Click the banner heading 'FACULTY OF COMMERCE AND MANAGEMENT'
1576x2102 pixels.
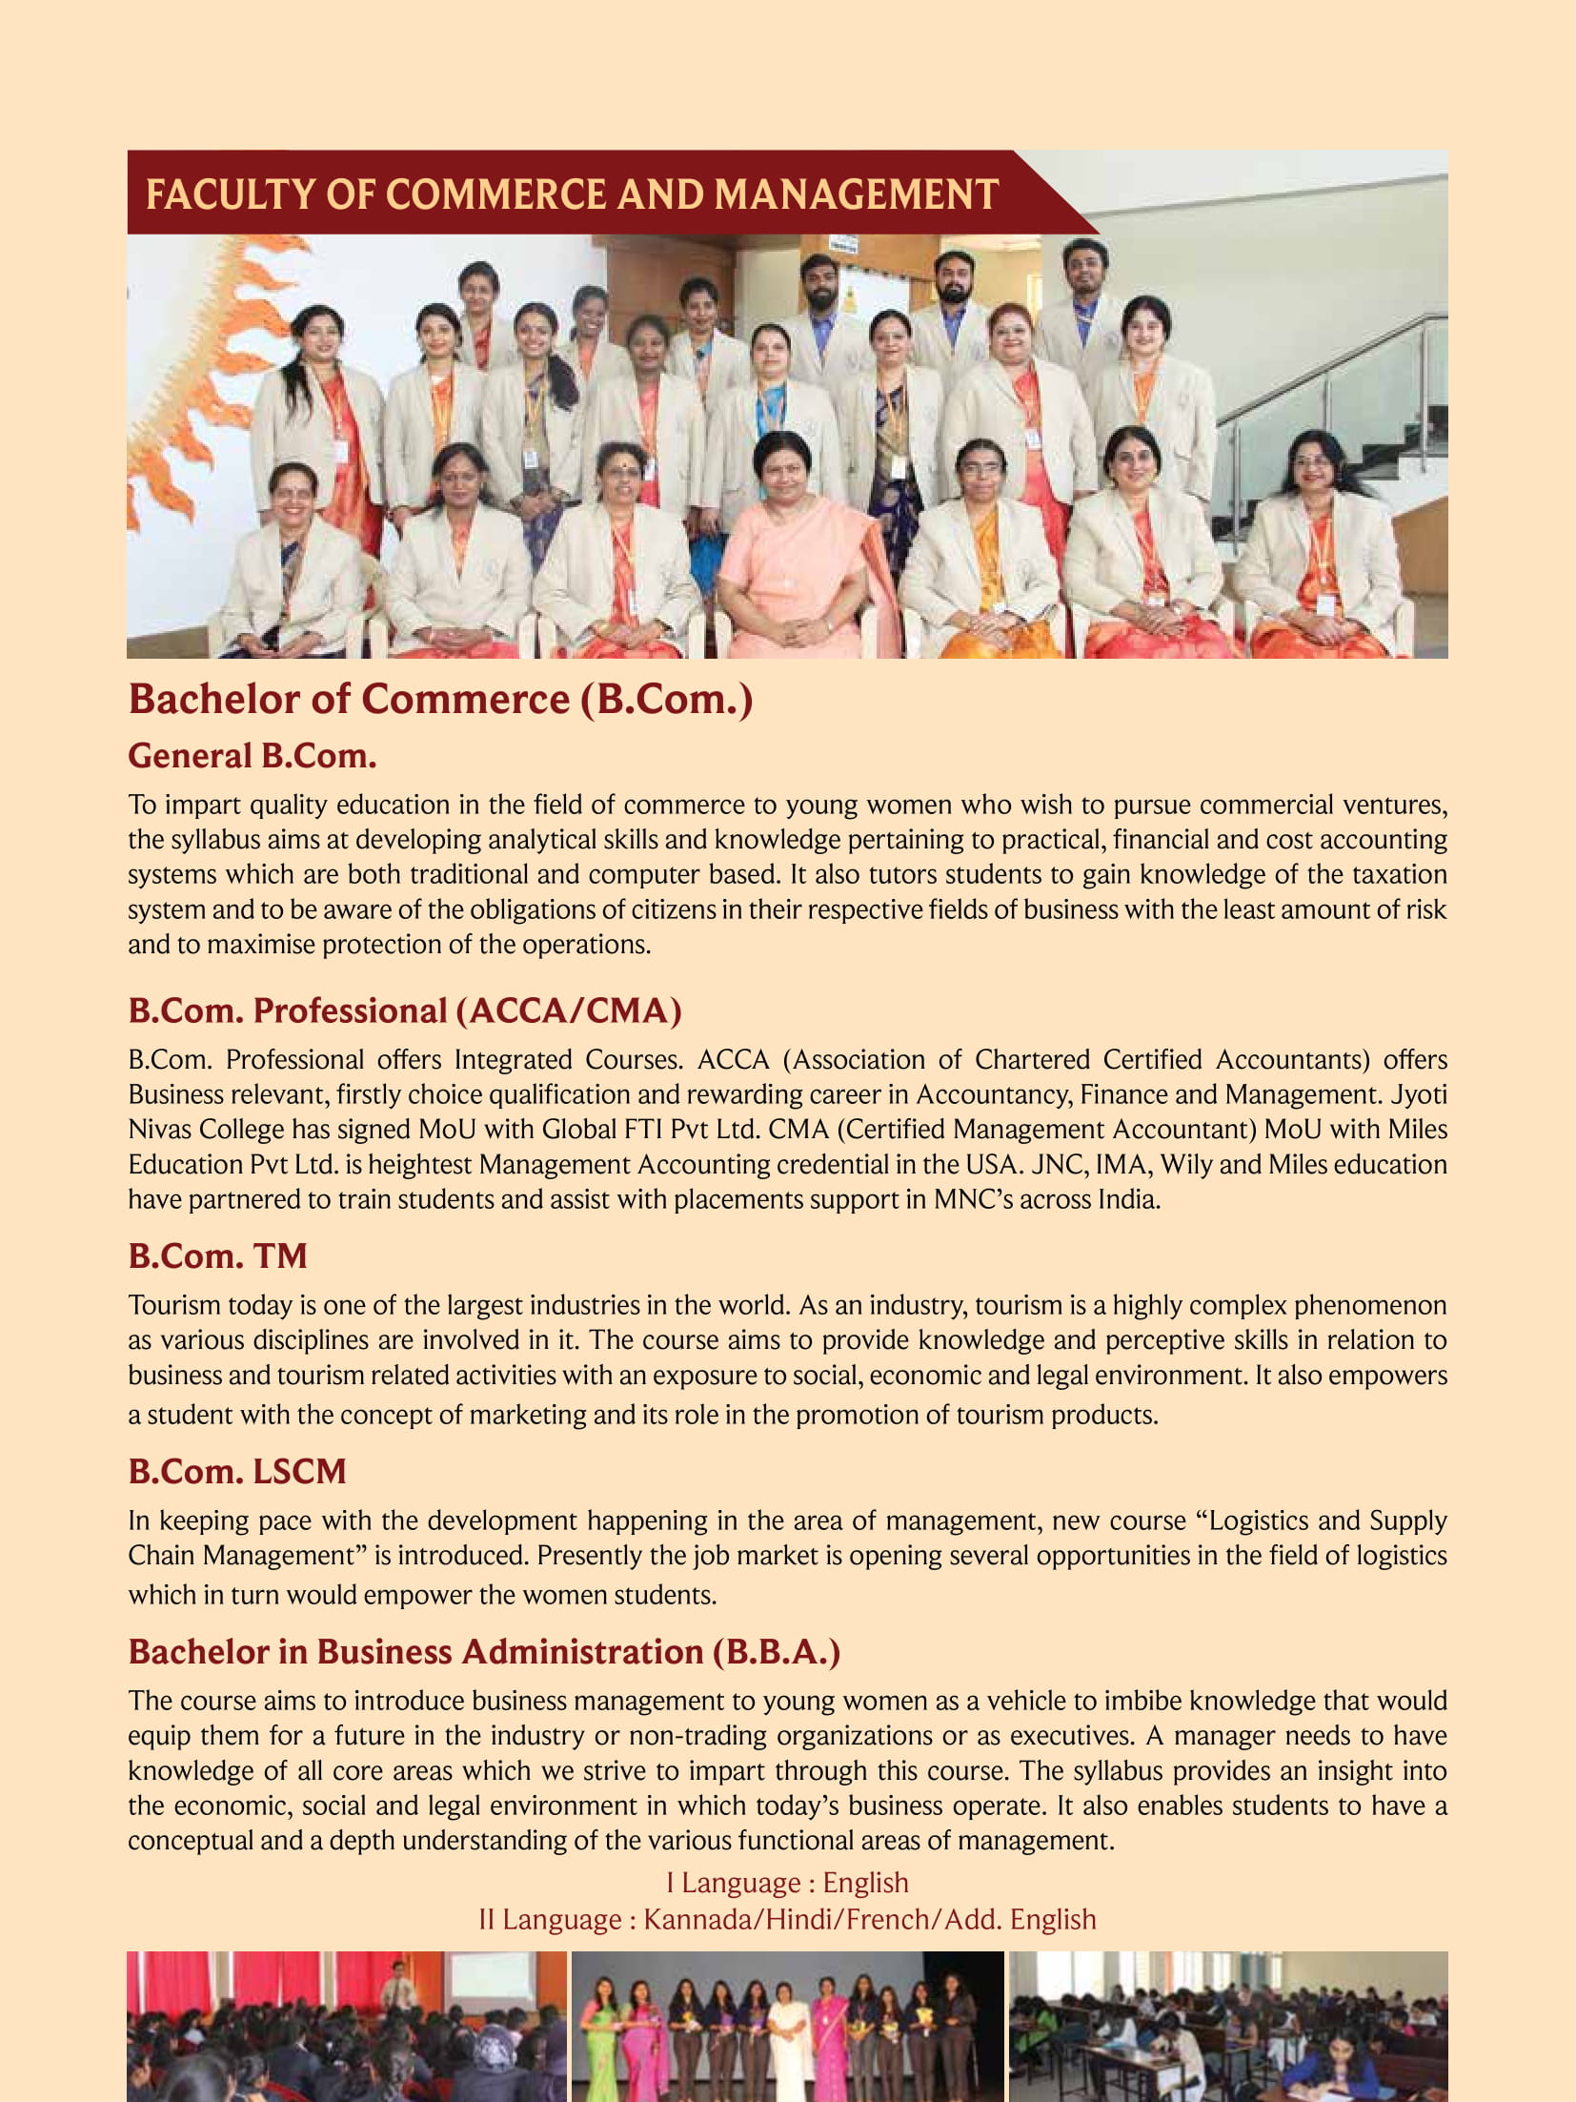pyautogui.click(x=572, y=194)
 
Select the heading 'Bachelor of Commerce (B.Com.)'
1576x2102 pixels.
pyautogui.click(x=440, y=699)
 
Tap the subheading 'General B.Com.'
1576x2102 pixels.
pyautogui.click(x=253, y=756)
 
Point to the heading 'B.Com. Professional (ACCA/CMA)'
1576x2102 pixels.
pyautogui.click(x=405, y=1010)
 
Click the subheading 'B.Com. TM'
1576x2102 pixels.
pyautogui.click(x=217, y=1255)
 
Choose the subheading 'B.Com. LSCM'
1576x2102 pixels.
pyautogui.click(x=236, y=1471)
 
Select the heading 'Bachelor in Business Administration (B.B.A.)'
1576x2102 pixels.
pyautogui.click(x=484, y=1651)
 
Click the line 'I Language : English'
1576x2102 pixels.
pyautogui.click(x=787, y=1882)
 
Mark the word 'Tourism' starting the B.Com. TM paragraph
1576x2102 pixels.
pyautogui.click(x=173, y=1304)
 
